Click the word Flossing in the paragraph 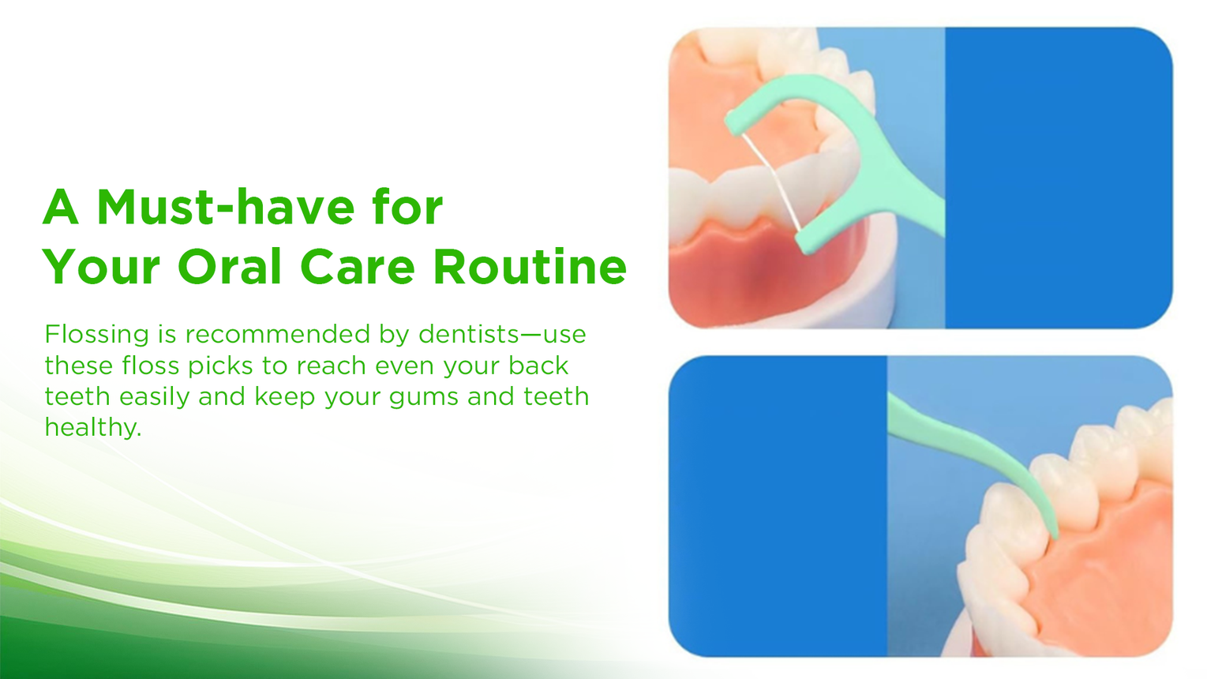click(97, 336)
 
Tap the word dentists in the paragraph click(468, 334)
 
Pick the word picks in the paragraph click(220, 366)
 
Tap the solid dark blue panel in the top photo click(1059, 178)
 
